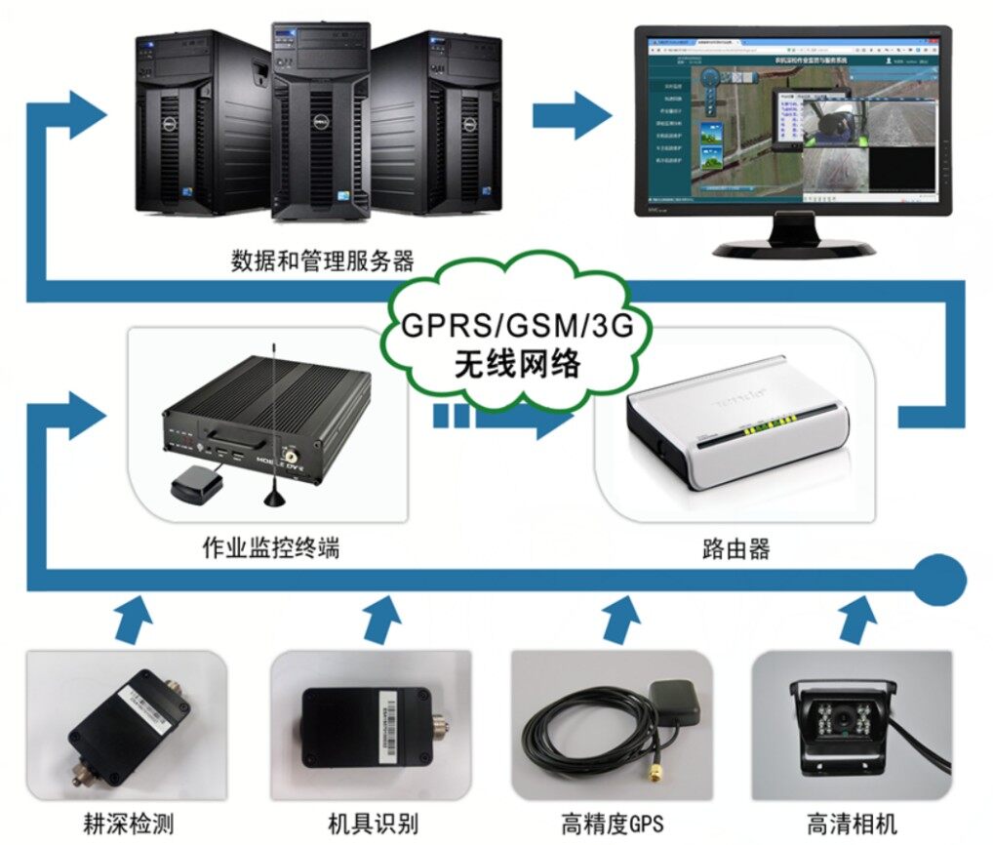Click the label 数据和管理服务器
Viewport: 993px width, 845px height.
322,261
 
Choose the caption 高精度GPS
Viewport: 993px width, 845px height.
612,822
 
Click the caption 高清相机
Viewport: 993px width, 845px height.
852,822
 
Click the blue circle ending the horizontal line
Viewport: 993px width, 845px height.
940,581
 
